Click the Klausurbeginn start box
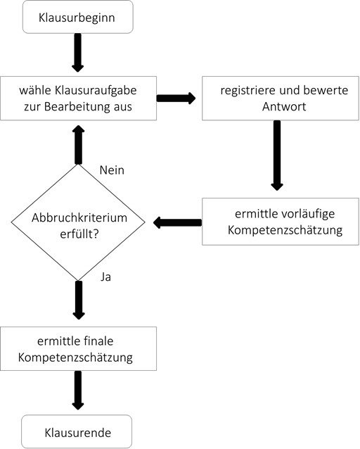pos(77,17)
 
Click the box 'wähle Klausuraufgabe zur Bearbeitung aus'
pos(77,98)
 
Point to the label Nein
pos(112,170)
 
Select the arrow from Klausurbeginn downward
pos(77,52)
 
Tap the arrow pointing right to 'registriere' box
pos(176,98)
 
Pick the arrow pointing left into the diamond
pos(176,222)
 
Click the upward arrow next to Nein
pos(77,146)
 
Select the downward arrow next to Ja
pos(77,298)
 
